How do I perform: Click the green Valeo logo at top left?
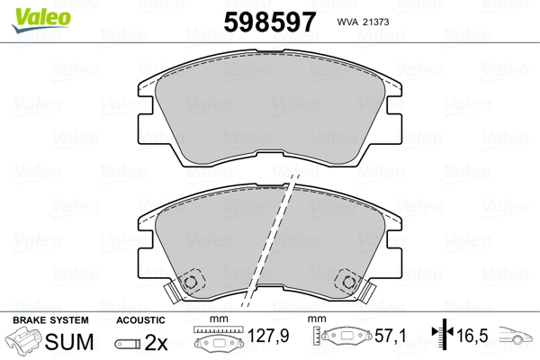click(x=41, y=20)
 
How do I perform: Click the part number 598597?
click(x=270, y=22)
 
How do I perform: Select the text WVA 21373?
click(x=363, y=22)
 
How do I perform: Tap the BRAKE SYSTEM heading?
click(x=50, y=320)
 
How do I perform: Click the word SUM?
click(x=69, y=342)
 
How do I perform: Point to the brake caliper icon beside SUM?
click(x=23, y=340)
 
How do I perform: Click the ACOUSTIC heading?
click(x=140, y=320)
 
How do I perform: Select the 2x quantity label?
click(x=156, y=342)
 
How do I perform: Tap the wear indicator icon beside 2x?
click(x=128, y=344)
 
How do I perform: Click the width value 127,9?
click(x=268, y=336)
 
